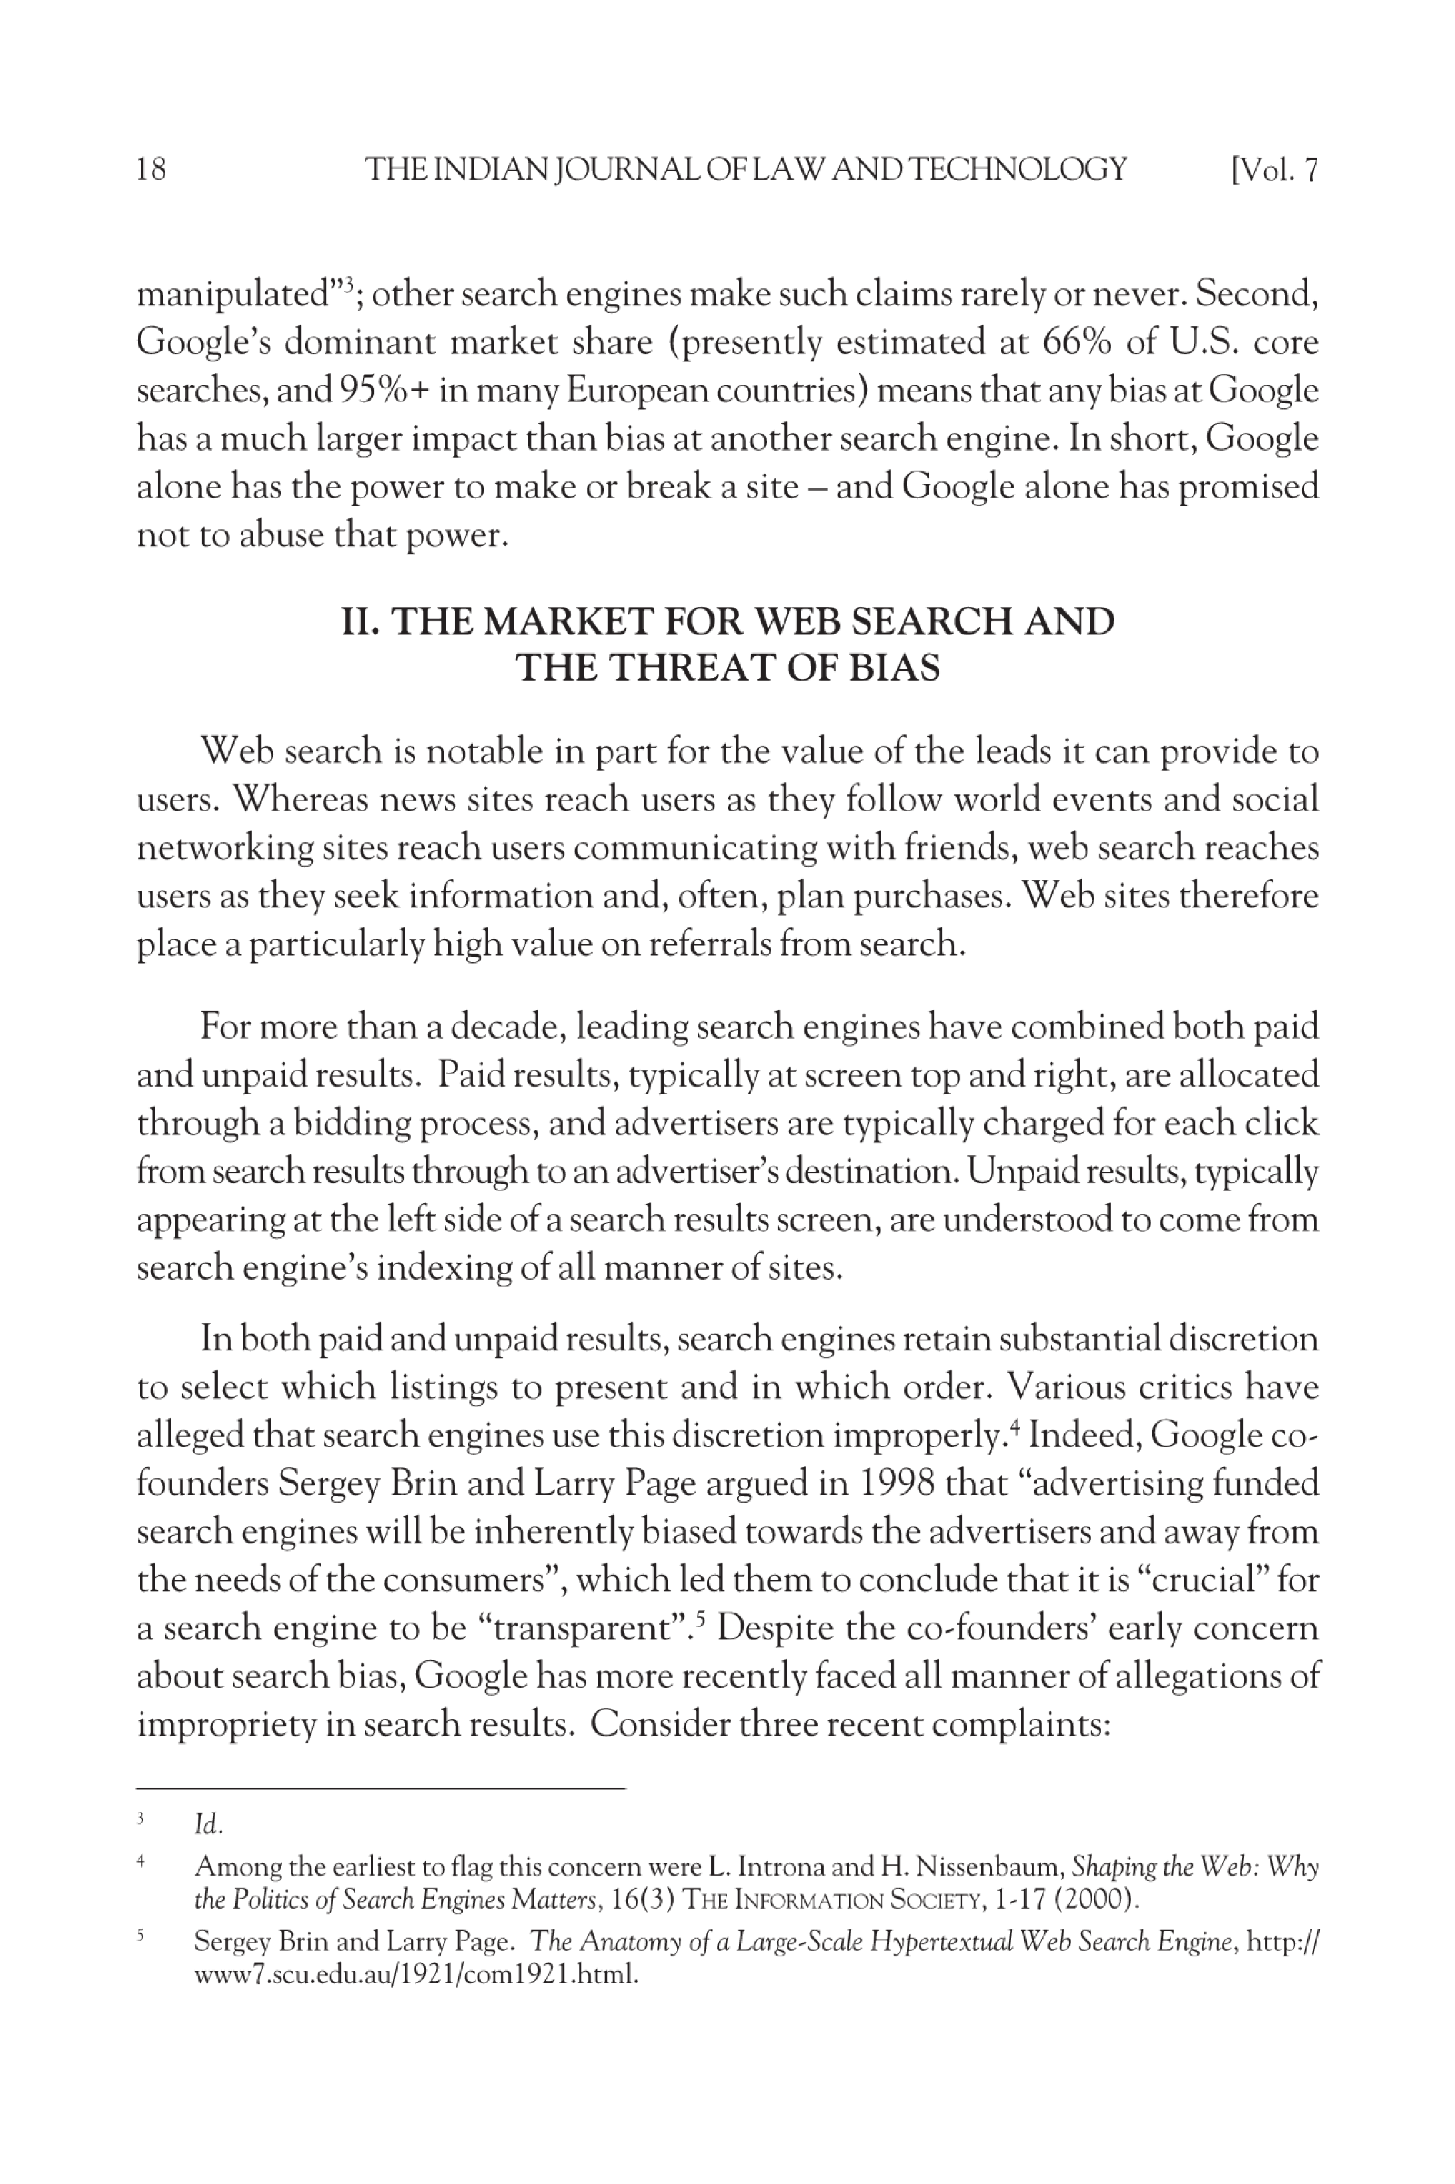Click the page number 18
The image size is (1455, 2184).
[x=151, y=170]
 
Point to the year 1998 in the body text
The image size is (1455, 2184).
[x=896, y=1484]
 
